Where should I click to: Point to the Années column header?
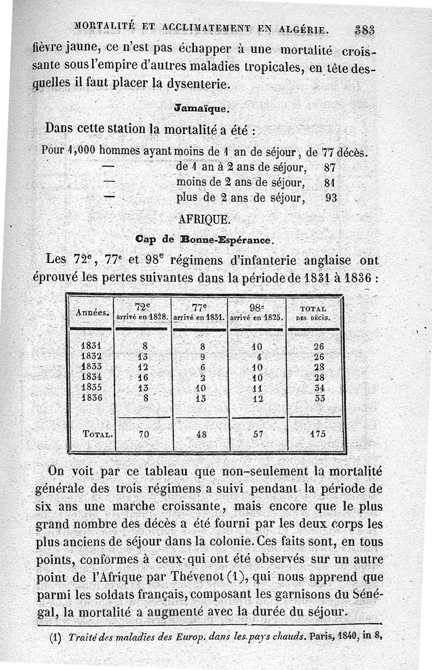click(x=90, y=312)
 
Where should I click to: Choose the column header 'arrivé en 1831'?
click(x=199, y=318)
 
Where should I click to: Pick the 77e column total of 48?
click(x=199, y=432)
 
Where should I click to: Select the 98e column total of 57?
click(x=256, y=432)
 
